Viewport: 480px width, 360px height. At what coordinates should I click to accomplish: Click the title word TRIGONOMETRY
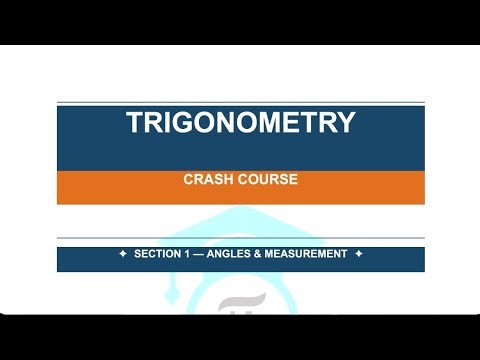click(x=240, y=123)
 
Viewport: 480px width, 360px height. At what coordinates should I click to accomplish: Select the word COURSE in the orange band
click(x=266, y=181)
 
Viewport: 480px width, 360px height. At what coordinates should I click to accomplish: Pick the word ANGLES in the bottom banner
click(x=232, y=254)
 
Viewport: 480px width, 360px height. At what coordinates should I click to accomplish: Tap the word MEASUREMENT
click(x=306, y=254)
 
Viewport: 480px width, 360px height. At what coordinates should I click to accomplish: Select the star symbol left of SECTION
click(x=123, y=254)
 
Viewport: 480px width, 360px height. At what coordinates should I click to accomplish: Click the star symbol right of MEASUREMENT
click(x=358, y=254)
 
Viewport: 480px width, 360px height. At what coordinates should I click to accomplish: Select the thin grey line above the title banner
click(x=240, y=102)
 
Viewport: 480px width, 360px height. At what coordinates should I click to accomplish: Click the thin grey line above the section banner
click(x=240, y=238)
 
